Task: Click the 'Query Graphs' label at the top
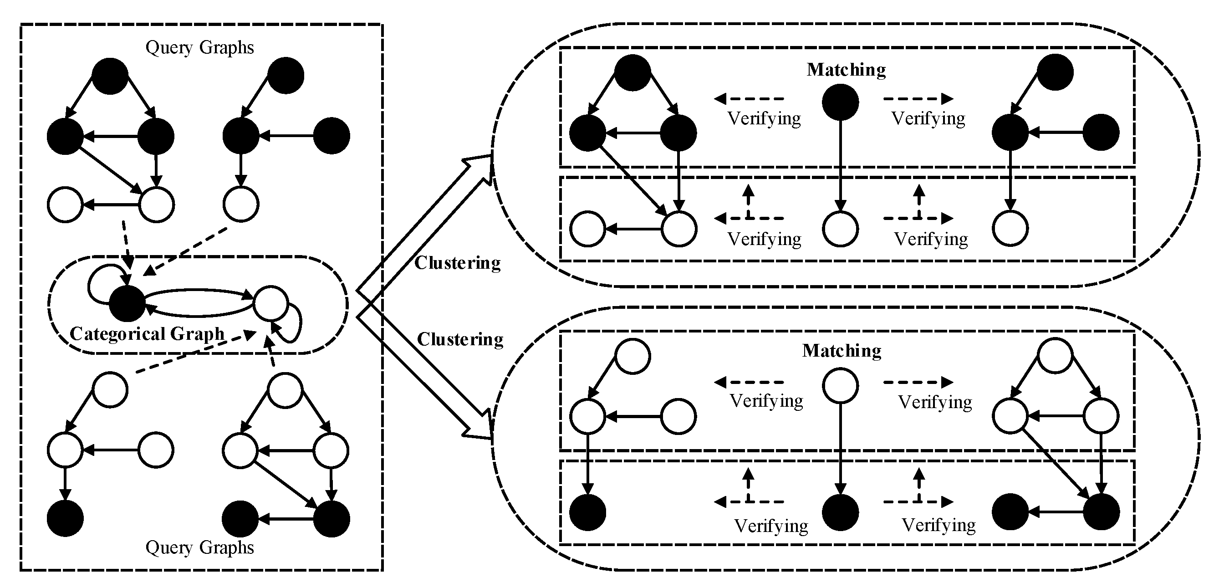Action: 199,48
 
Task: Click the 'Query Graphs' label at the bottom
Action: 199,547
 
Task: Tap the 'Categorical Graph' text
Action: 147,334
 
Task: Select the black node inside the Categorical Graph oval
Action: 127,304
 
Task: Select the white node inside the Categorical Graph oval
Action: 270,303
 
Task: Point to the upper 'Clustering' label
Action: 457,263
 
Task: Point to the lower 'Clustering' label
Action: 460,339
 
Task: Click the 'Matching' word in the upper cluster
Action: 846,70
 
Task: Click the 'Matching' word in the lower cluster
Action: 842,351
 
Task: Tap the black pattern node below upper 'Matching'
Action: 840,102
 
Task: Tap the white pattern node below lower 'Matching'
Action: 840,386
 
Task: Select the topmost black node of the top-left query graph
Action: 110,76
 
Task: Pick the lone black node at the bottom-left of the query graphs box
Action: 66,519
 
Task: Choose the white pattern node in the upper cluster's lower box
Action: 840,229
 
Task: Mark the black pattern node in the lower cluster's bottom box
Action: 840,512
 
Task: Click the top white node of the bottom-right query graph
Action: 285,390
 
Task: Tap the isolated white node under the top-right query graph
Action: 241,204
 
